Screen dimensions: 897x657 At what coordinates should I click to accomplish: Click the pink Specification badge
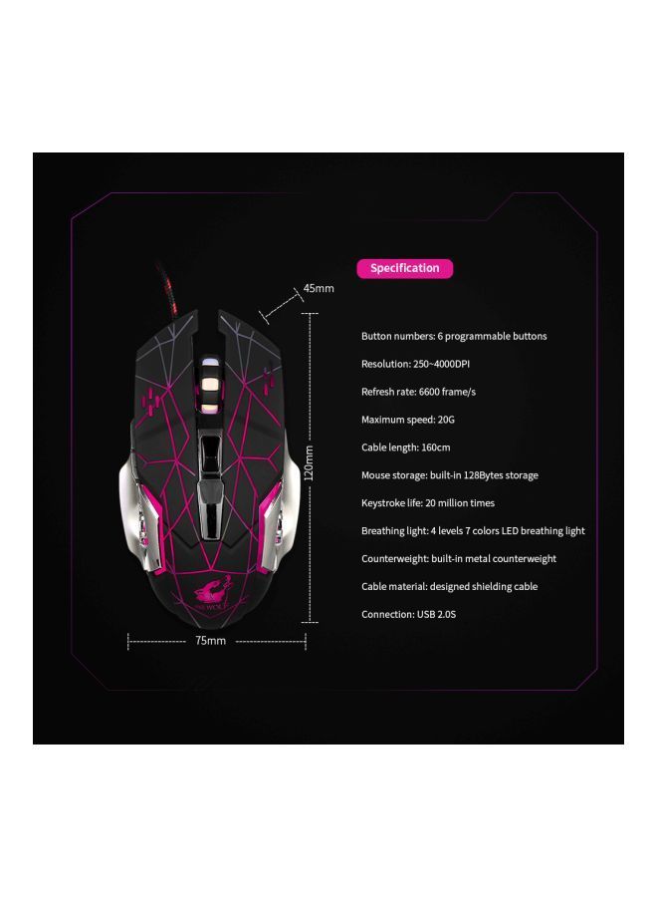pos(404,268)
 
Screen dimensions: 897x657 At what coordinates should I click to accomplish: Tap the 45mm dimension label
pos(319,288)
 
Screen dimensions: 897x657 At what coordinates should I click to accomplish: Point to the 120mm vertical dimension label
pos(309,460)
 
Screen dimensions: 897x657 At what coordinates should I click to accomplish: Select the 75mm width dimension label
pos(210,641)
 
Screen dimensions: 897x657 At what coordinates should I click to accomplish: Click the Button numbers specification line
pos(454,337)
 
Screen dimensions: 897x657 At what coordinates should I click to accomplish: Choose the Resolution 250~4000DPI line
pos(415,365)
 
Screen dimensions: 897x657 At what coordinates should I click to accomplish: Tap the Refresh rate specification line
pos(418,393)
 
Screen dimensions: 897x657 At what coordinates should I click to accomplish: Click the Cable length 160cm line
pos(406,448)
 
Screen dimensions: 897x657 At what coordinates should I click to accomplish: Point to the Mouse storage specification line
pos(449,475)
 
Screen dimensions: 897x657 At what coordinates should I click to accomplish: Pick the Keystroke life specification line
pos(427,503)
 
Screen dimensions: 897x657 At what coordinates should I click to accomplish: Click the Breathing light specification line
pos(473,531)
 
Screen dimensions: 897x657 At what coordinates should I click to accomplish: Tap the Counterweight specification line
pos(459,559)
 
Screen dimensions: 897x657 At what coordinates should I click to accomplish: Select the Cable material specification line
pos(449,587)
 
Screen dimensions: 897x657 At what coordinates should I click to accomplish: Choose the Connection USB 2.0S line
pos(408,615)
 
